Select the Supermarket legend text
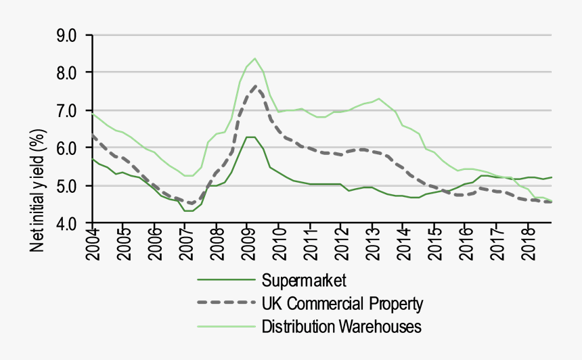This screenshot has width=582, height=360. (x=304, y=279)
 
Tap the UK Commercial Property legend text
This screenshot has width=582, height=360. (x=342, y=303)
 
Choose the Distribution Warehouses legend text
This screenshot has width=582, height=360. (x=342, y=327)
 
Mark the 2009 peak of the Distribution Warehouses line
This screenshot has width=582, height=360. (x=254, y=58)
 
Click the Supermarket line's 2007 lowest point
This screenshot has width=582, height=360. (x=189, y=211)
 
